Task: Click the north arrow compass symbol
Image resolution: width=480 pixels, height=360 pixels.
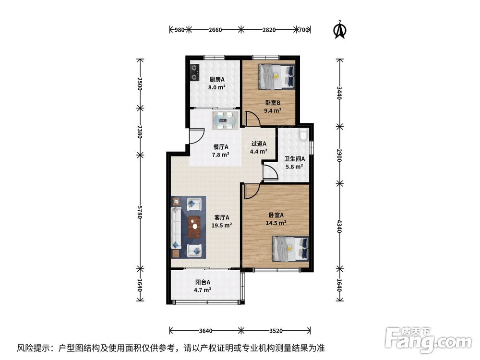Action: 339,29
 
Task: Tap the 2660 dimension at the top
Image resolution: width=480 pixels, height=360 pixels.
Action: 215,30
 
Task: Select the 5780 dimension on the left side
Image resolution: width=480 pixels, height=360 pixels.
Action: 140,212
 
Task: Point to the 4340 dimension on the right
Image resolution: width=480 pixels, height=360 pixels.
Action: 339,226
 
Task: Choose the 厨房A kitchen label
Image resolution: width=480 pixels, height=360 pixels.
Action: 217,80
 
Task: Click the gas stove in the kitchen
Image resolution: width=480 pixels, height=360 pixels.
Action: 194,72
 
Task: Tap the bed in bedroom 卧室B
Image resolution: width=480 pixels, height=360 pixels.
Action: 276,76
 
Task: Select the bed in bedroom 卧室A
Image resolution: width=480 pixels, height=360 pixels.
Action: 290,249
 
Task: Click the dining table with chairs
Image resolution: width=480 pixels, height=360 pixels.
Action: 225,121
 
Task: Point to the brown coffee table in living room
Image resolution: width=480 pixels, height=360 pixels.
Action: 194,227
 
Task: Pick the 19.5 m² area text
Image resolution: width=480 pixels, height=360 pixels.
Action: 222,225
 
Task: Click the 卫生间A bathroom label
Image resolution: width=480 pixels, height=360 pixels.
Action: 295,159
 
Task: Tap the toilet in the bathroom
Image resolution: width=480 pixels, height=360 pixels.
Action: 303,135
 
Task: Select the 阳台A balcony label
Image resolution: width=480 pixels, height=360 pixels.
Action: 203,282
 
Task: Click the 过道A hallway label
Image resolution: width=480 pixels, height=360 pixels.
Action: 259,144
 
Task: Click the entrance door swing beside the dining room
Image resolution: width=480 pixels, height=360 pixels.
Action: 197,136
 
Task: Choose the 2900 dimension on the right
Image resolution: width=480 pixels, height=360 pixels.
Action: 339,155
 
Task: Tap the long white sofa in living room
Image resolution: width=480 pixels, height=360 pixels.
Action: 176,228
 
